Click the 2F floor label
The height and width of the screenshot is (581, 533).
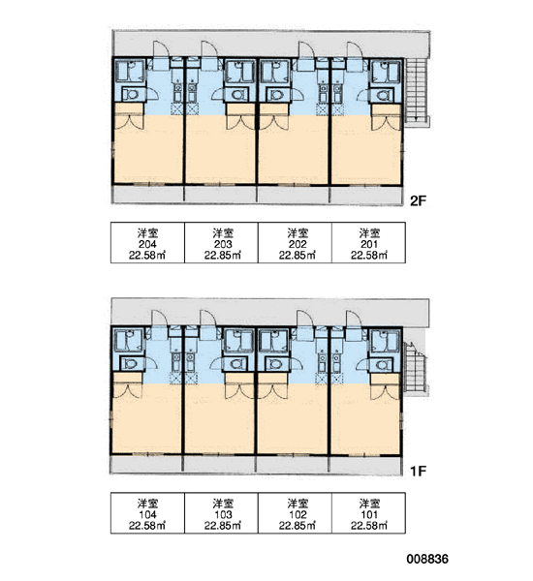tap(418, 200)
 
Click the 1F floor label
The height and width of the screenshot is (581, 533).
tap(418, 471)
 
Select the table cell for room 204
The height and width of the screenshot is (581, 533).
tap(147, 243)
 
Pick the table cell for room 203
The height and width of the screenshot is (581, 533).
tap(221, 243)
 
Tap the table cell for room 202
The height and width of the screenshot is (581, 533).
tap(295, 243)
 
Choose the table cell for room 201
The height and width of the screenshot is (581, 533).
tap(368, 243)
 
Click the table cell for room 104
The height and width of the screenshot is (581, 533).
tap(147, 513)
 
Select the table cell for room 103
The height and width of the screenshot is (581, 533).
tap(221, 513)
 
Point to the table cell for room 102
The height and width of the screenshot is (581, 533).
tap(295, 513)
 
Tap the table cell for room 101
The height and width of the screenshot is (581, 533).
tap(368, 513)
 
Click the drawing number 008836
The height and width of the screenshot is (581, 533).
tap(427, 559)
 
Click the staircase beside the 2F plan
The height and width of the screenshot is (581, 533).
tap(417, 93)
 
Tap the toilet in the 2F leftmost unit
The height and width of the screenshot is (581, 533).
tap(131, 94)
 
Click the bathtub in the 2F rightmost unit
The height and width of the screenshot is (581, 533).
tap(387, 72)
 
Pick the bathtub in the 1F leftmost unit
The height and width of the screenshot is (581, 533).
tap(128, 340)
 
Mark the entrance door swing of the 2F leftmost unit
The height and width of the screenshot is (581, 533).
tap(161, 49)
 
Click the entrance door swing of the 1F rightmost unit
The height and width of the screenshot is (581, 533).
tap(355, 319)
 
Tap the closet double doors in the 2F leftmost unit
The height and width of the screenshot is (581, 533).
tap(129, 122)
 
